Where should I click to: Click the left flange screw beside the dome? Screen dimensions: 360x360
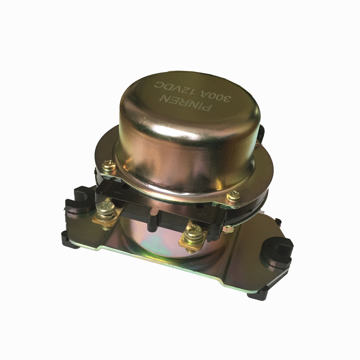pos(108,165)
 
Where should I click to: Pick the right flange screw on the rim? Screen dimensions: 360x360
pos(234,196)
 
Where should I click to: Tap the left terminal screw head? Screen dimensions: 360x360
pos(106,208)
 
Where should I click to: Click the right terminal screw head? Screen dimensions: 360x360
pos(194,231)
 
